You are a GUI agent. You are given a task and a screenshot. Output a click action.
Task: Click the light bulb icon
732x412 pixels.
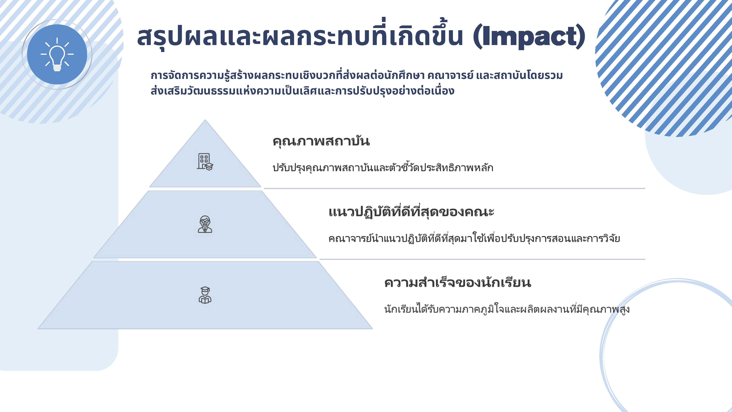57,54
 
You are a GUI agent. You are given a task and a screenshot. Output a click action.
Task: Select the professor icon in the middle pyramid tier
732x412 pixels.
205,224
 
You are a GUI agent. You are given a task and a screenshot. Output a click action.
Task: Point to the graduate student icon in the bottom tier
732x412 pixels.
205,295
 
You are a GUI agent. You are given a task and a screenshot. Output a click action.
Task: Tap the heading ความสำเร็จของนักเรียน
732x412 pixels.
457,283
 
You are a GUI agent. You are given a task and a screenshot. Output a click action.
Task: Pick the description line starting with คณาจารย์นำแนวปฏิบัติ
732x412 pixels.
474,238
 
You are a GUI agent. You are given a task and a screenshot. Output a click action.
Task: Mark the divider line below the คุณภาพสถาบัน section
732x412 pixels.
455,188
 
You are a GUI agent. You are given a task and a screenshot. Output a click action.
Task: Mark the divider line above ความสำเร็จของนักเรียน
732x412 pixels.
482,259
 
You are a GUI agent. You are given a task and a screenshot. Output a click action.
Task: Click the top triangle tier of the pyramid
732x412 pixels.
205,165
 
